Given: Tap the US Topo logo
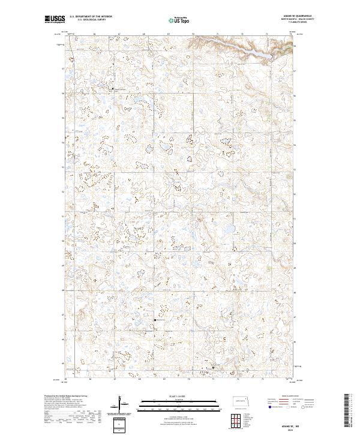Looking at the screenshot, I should tap(178, 20).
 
